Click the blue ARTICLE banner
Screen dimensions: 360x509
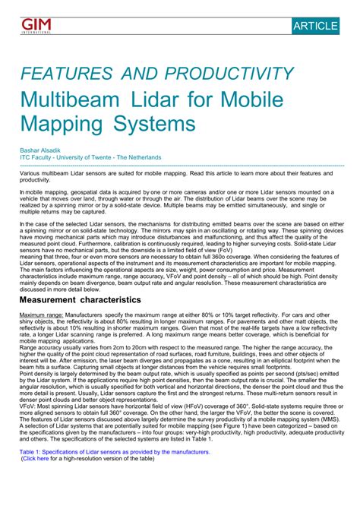tap(314, 26)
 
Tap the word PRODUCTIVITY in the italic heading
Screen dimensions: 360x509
tap(229, 74)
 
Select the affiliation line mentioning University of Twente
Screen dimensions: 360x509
tap(90, 157)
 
